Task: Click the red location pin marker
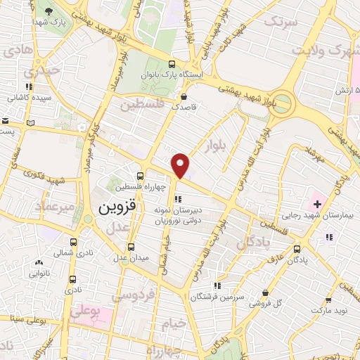[x=181, y=165]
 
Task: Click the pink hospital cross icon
[x=318, y=204]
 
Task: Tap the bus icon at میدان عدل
[x=131, y=247]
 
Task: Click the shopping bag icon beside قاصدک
[x=184, y=96]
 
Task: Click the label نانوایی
[x=38, y=274]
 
